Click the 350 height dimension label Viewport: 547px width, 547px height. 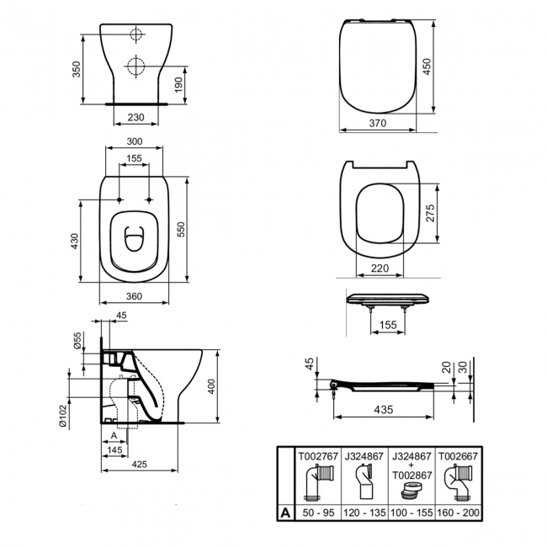click(77, 69)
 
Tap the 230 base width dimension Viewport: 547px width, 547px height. click(135, 117)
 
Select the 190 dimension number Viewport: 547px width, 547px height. click(178, 85)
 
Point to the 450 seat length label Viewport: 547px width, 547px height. click(427, 66)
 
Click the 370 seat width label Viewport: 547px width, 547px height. click(378, 123)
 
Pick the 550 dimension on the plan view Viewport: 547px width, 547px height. click(181, 229)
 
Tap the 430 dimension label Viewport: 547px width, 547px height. click(75, 241)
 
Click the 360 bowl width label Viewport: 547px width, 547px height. click(134, 296)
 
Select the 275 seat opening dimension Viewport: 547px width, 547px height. click(431, 213)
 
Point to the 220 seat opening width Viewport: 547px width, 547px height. click(380, 268)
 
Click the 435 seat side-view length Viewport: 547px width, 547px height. click(384, 410)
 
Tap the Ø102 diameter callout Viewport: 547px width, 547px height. click(63, 416)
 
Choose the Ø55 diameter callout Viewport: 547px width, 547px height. click(77, 341)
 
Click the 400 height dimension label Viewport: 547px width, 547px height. click(212, 386)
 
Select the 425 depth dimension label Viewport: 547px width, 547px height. click(139, 464)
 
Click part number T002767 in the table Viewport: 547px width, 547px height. click(318, 456)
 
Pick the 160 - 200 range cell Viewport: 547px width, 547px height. click(459, 512)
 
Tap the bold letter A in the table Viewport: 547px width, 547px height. click(285, 512)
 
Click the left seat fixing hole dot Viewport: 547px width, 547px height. click(119, 200)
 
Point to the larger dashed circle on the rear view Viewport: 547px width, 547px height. click(135, 66)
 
